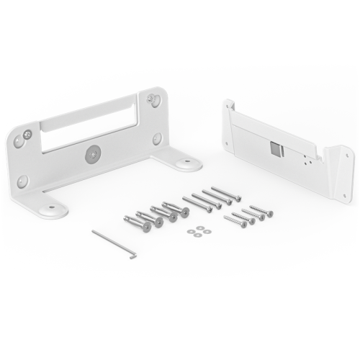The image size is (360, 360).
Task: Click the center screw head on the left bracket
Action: (91, 153)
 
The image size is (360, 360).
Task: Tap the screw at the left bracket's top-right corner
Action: (152, 99)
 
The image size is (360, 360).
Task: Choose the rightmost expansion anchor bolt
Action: (176, 210)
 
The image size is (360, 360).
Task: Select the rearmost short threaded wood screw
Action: (261, 210)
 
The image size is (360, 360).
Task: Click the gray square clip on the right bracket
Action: (274, 148)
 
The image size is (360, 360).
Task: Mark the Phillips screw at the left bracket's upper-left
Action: (27, 134)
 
